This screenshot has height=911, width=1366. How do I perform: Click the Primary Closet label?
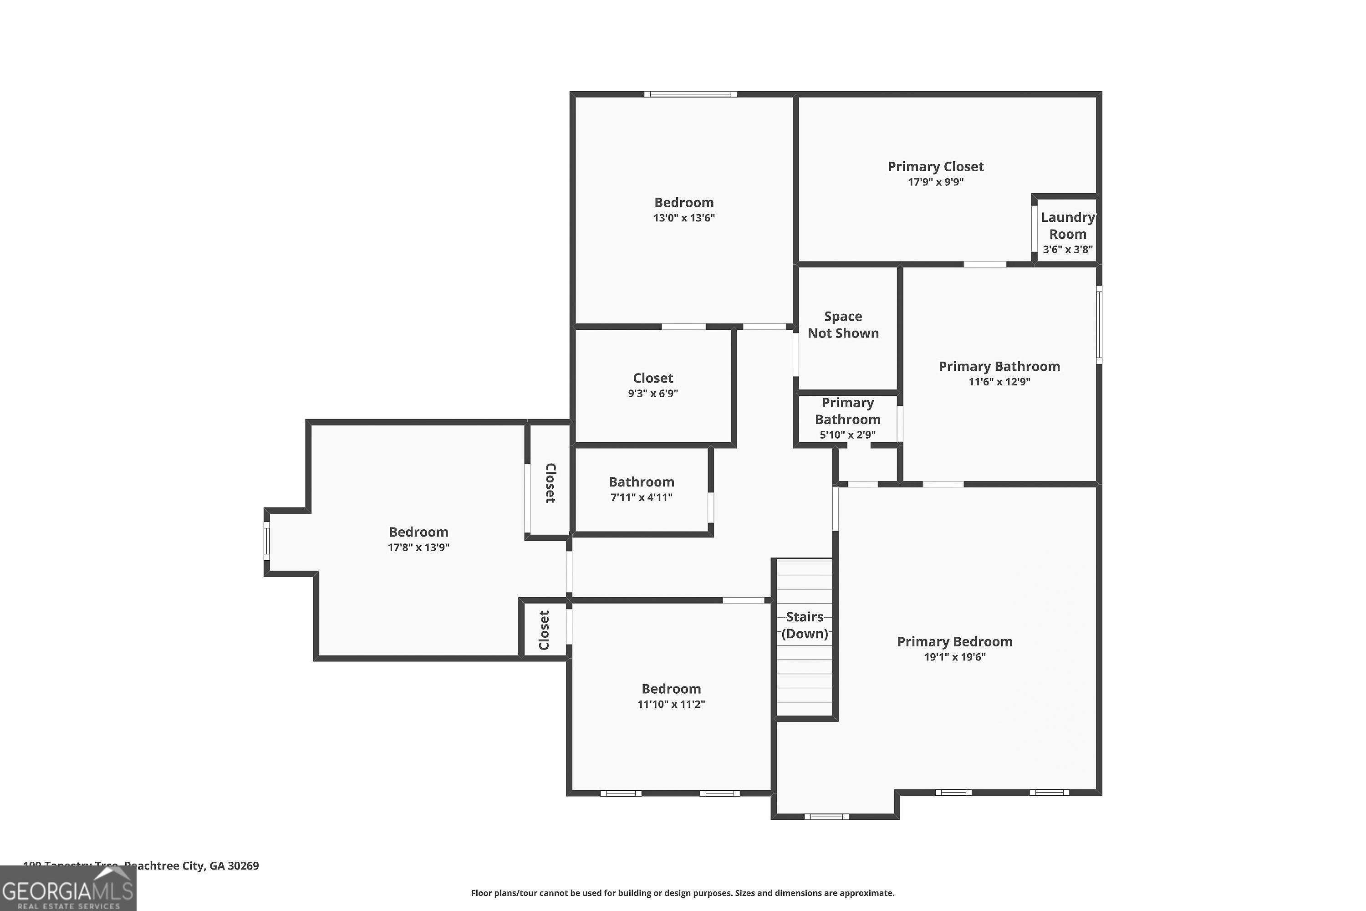[x=935, y=167]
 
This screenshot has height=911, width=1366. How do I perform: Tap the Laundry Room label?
[x=1067, y=225]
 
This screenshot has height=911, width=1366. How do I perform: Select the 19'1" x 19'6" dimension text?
[x=954, y=657]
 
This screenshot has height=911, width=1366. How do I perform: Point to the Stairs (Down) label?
[x=805, y=625]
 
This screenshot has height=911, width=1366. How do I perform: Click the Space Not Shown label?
[x=843, y=325]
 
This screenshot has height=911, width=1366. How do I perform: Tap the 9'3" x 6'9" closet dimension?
[x=653, y=394]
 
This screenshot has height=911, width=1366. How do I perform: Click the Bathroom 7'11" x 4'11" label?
[x=641, y=482]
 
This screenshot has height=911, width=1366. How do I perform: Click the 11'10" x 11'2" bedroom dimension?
[x=671, y=704]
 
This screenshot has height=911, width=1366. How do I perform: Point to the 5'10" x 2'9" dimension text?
[x=847, y=435]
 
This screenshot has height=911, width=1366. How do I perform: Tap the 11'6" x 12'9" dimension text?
[x=999, y=382]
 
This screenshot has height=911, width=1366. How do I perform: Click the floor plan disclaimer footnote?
[x=683, y=893]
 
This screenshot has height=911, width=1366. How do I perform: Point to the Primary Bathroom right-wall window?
[x=1098, y=325]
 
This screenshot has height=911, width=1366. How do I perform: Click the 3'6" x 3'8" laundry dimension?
[x=1067, y=249]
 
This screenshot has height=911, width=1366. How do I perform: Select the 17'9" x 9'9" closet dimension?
[x=935, y=182]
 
